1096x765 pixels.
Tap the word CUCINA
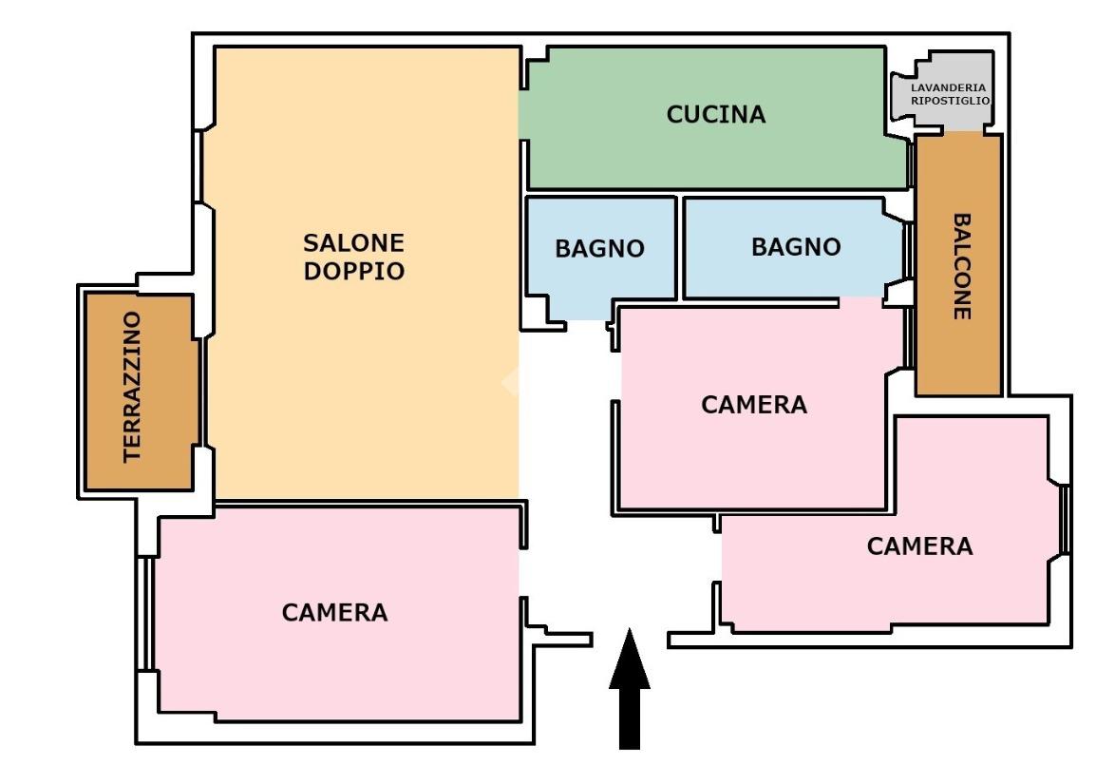tap(715, 115)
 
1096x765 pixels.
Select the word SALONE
tap(353, 243)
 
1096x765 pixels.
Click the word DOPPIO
tap(353, 271)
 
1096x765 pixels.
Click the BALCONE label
tap(961, 265)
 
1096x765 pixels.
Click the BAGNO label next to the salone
tap(599, 249)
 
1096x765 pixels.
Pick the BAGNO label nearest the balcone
tap(796, 247)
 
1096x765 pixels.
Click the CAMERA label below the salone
tap(334, 613)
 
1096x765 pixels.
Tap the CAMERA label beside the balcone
tap(754, 405)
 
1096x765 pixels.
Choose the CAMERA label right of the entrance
tap(919, 546)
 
